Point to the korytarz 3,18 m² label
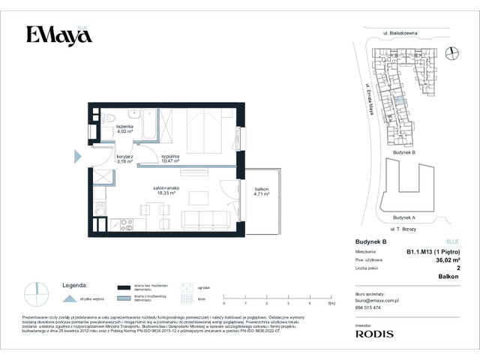[124, 158]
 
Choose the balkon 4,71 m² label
[261, 191]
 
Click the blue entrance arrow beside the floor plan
[78, 156]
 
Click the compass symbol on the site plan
[451, 52]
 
